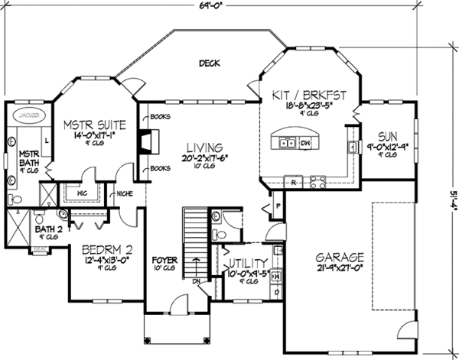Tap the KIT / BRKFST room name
pos(310,96)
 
